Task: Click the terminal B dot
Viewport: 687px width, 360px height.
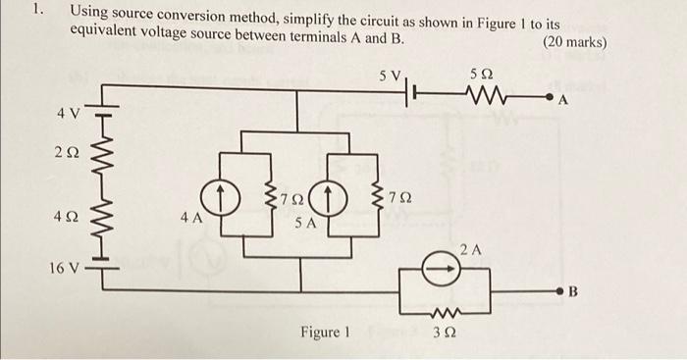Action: point(560,292)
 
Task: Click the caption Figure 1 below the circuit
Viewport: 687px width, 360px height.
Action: point(325,332)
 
